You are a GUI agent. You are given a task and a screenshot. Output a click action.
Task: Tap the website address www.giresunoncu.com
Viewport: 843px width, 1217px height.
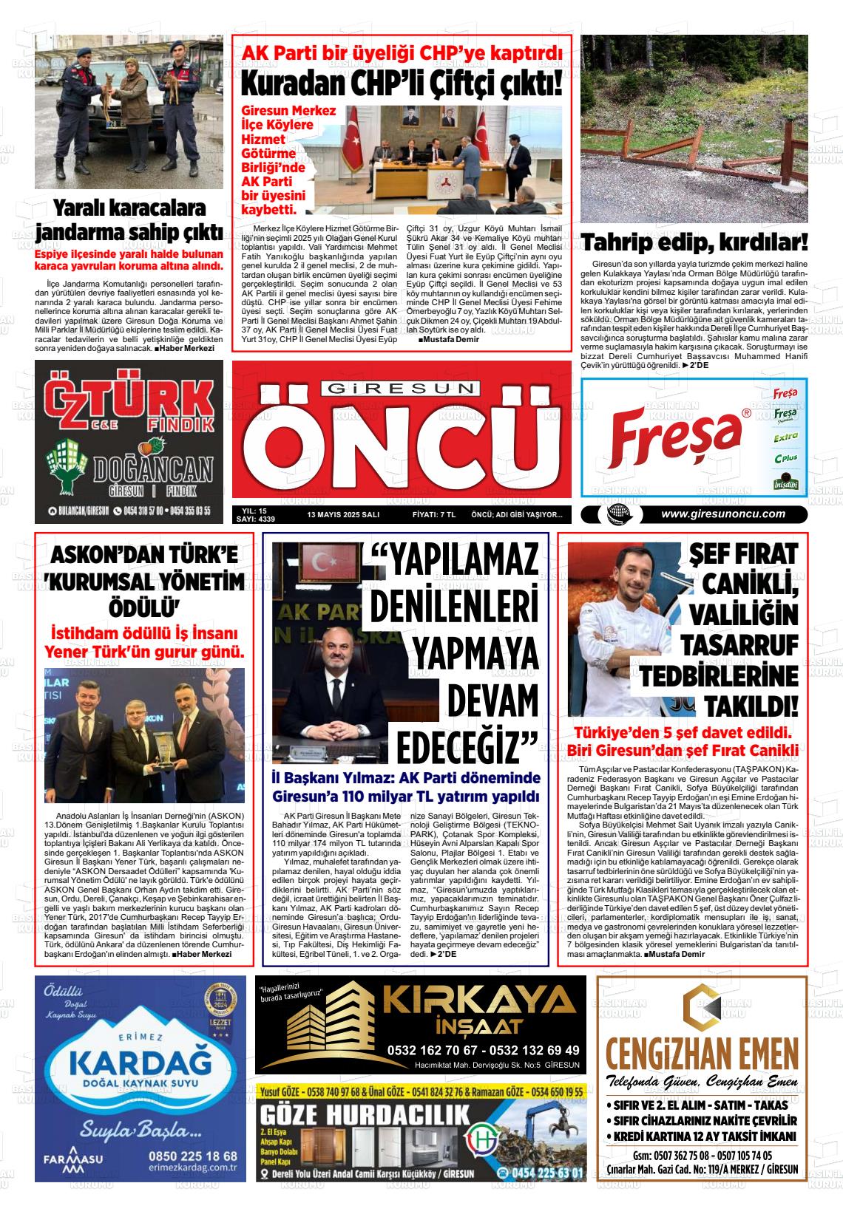click(723, 514)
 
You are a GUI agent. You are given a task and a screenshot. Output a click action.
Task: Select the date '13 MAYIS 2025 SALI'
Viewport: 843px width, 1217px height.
click(343, 515)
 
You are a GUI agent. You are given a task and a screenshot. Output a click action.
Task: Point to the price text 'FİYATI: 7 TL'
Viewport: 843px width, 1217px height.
click(433, 515)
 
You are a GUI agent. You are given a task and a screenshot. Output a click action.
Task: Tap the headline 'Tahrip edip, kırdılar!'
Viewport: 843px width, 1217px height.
click(694, 242)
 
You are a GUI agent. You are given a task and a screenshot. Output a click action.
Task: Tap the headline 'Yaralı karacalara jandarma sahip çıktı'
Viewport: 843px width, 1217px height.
click(129, 220)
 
